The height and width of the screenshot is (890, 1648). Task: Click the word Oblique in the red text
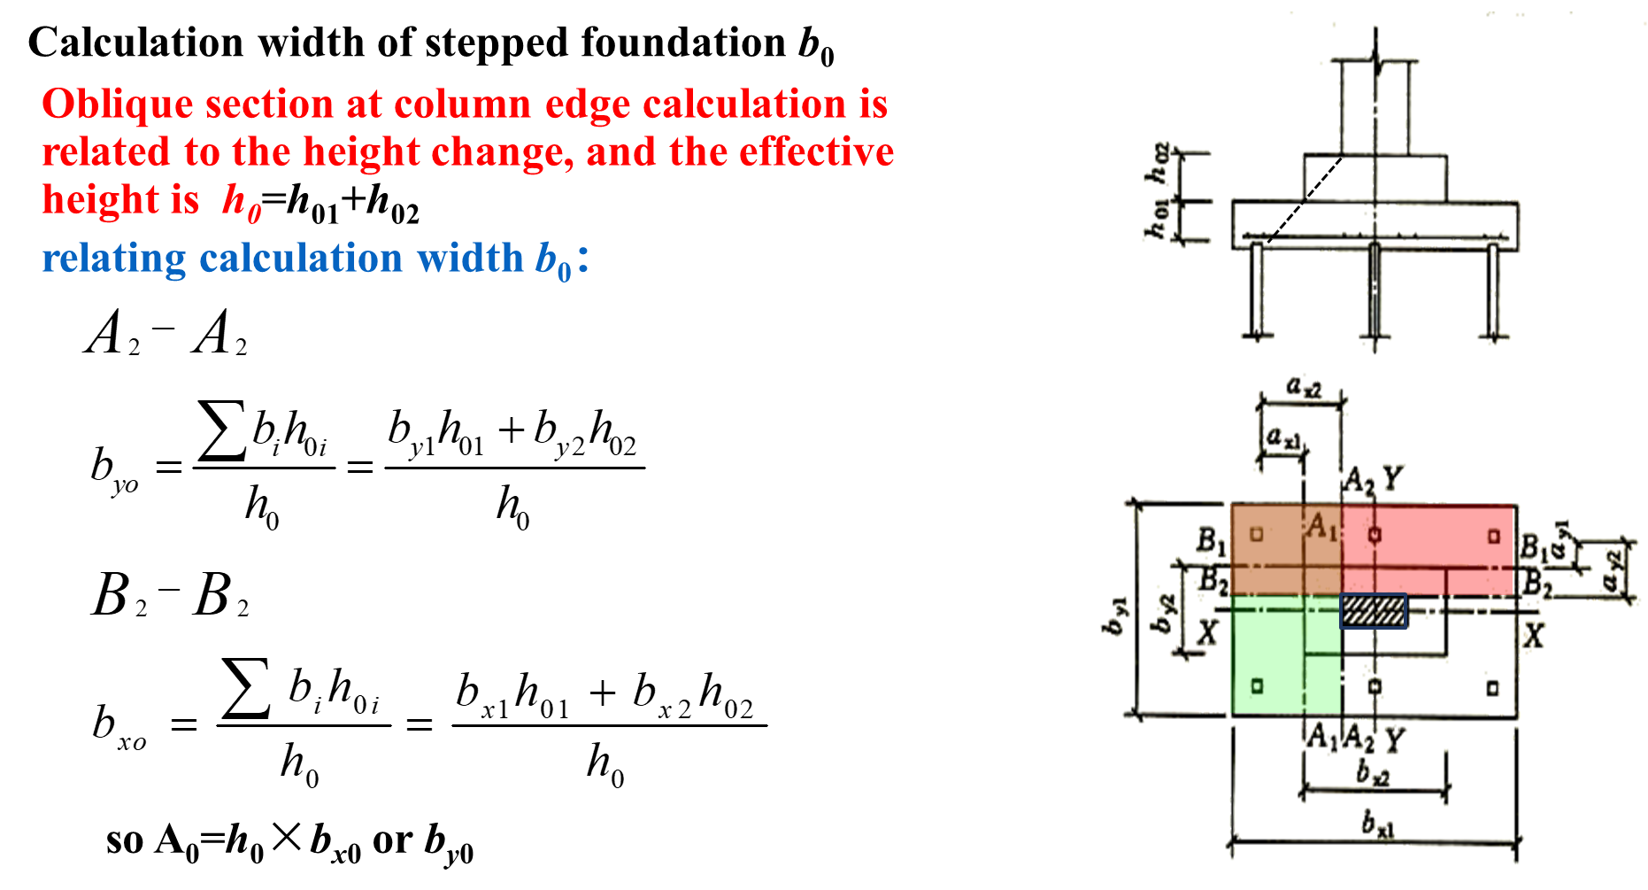pyautogui.click(x=117, y=104)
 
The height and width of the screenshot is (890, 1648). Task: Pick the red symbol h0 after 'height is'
pyautogui.click(x=241, y=202)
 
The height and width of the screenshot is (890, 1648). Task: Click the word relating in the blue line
pyautogui.click(x=113, y=259)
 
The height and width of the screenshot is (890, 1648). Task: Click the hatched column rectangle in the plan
pyautogui.click(x=1373, y=611)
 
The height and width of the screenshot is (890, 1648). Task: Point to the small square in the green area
pyautogui.click(x=1256, y=685)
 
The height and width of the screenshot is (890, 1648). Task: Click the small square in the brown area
pyautogui.click(x=1256, y=533)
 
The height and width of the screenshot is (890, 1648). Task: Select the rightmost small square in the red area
pyautogui.click(x=1494, y=536)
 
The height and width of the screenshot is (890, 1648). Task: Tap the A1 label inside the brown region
pyautogui.click(x=1321, y=526)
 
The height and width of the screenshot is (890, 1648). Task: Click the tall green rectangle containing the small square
pyautogui.click(x=1267, y=655)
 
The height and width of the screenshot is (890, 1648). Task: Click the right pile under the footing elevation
pyautogui.click(x=1495, y=292)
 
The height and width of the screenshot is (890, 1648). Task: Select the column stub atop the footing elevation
pyautogui.click(x=1375, y=106)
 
